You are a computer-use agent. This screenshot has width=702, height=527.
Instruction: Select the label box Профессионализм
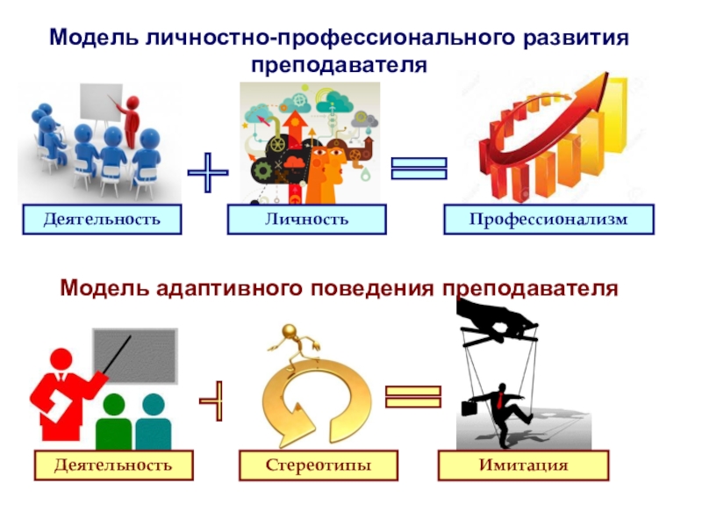[x=548, y=219]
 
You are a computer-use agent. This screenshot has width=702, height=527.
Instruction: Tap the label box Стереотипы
[x=319, y=465]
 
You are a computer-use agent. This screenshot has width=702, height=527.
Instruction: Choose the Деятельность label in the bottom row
[x=113, y=465]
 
